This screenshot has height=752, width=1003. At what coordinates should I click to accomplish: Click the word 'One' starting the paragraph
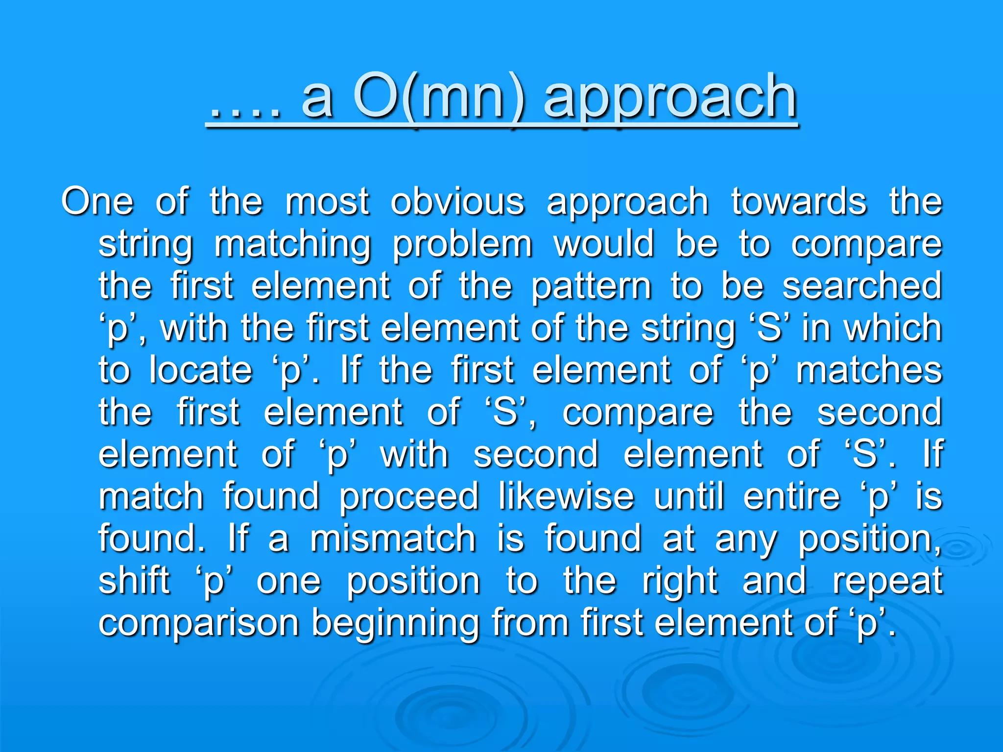tap(97, 201)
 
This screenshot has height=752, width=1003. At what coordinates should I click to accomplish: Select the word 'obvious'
tap(457, 201)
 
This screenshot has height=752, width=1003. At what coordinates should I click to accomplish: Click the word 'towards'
tap(799, 201)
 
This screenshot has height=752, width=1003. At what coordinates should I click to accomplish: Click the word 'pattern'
tap(591, 286)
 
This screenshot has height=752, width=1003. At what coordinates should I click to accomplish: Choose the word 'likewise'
tap(566, 496)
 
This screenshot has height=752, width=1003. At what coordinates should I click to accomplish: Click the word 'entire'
tap(791, 496)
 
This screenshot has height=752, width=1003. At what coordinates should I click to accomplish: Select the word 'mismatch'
tap(393, 538)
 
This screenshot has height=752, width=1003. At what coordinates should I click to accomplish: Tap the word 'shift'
tap(134, 580)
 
